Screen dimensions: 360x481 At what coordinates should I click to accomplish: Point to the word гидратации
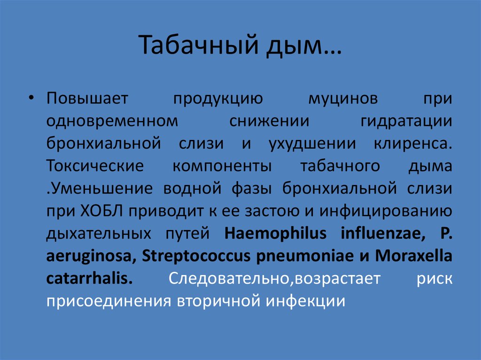pos(406,121)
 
